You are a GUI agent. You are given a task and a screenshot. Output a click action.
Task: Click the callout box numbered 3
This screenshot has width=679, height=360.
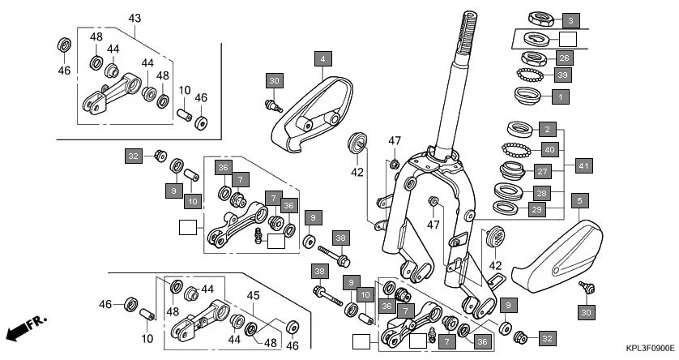(570, 19)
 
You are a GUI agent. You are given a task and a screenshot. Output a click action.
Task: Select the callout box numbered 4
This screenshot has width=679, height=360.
(322, 58)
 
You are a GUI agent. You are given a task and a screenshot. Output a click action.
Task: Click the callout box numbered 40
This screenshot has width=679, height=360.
(549, 149)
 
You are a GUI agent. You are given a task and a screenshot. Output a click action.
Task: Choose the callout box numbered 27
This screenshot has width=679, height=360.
(543, 171)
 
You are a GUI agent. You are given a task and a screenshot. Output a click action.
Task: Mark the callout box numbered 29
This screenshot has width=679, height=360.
(537, 210)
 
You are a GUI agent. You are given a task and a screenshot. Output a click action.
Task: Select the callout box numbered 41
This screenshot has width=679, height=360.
(583, 166)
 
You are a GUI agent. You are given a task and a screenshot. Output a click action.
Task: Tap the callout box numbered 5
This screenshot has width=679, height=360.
(579, 199)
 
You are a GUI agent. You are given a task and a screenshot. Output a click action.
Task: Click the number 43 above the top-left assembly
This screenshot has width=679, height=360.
(135, 18)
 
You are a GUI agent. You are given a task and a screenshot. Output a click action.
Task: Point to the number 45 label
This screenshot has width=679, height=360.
(253, 296)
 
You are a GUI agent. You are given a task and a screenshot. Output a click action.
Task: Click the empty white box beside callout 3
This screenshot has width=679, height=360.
(569, 39)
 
